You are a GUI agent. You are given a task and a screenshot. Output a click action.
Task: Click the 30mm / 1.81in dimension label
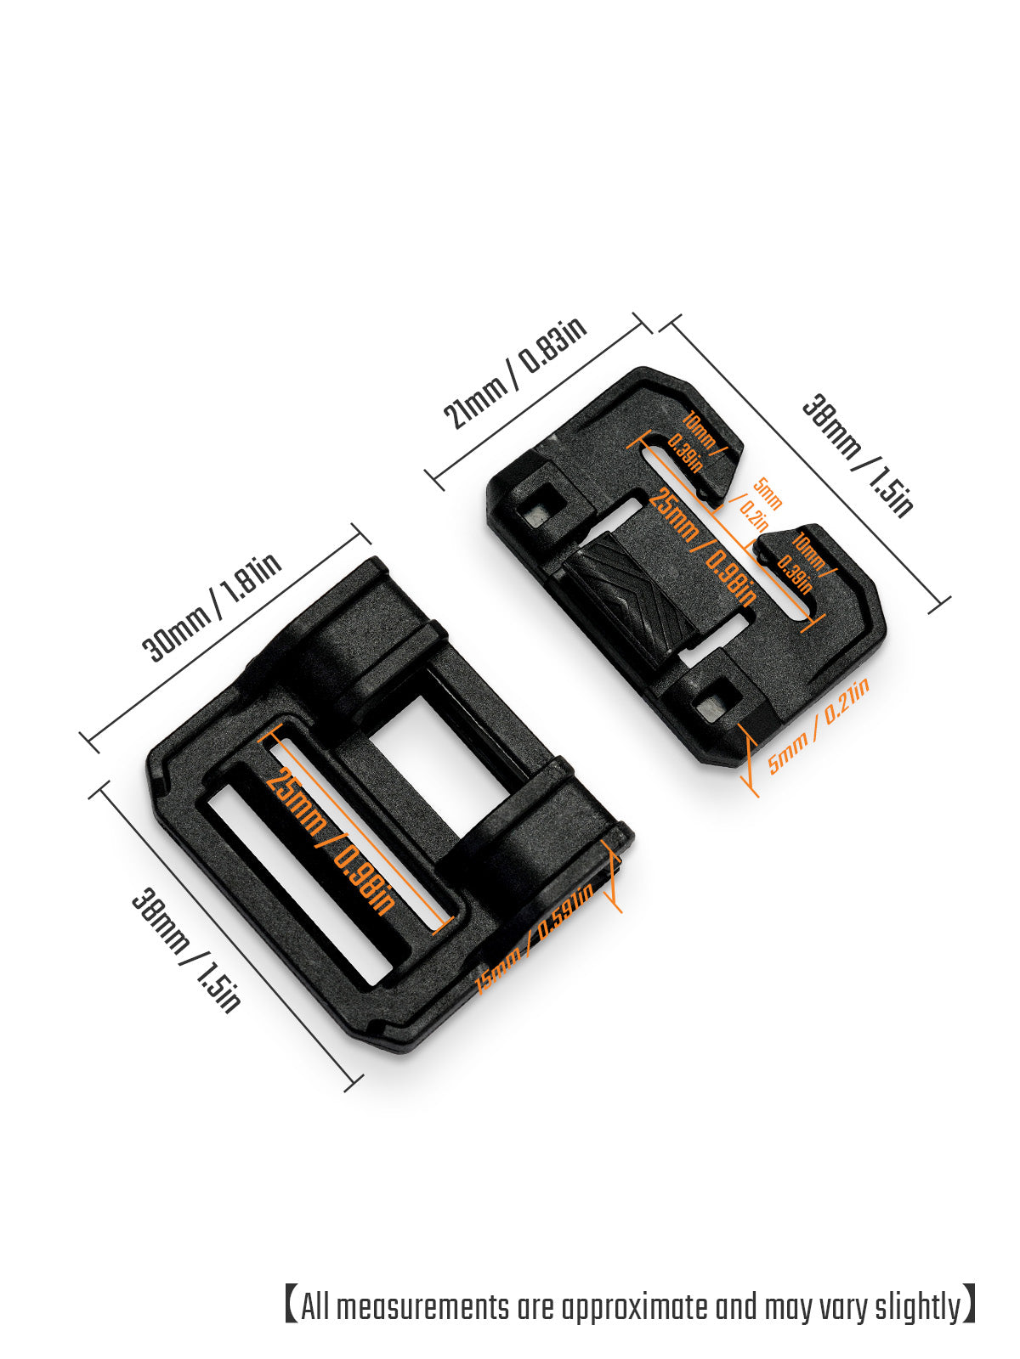212,610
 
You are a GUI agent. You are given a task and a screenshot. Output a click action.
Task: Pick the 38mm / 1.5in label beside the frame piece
186,950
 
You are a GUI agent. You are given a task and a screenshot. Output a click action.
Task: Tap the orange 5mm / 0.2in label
759,503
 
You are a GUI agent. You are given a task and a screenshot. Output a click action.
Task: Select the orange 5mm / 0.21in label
819,726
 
